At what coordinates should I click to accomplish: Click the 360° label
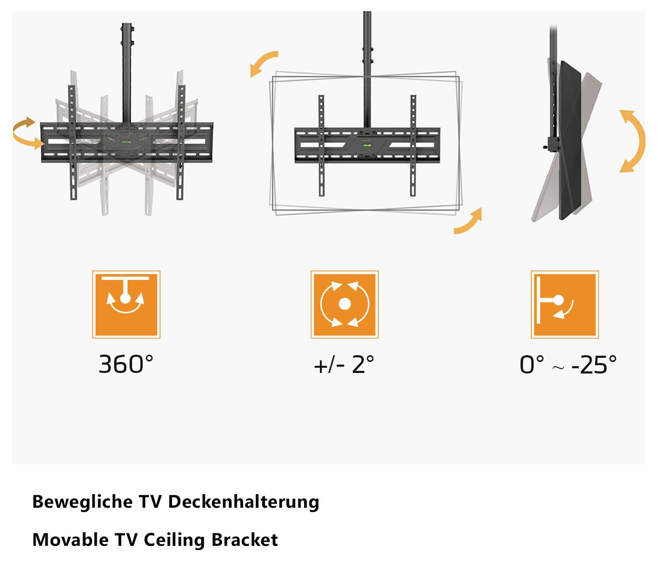pos(126,364)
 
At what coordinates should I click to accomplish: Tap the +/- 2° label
pos(344,364)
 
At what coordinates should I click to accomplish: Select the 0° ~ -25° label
pos(568,364)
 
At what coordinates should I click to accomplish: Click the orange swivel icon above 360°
pos(126,305)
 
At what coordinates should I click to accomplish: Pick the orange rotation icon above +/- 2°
pos(344,305)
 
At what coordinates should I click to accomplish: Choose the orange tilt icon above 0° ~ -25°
pos(564,305)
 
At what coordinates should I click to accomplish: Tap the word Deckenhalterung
pos(244,501)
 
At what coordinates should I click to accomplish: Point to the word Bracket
pos(245,539)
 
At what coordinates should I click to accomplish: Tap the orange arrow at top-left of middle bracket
pos(263,63)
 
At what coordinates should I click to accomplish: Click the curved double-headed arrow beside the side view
pos(632,141)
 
